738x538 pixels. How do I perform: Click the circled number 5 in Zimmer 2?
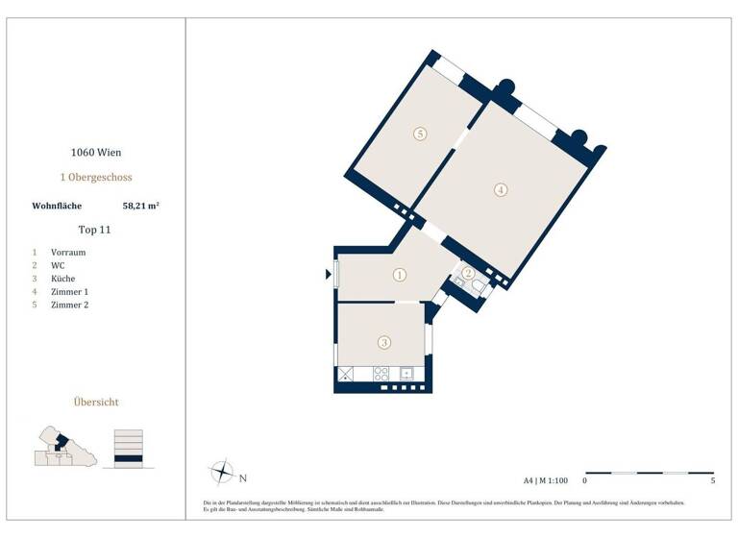[x=420, y=134]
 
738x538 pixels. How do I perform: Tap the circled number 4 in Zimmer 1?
[x=501, y=189]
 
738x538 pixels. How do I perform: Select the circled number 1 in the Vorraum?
[x=400, y=275]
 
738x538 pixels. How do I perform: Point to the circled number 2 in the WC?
[x=468, y=273]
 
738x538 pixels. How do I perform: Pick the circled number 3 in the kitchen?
[x=384, y=341]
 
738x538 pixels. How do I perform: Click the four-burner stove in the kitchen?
[x=381, y=374]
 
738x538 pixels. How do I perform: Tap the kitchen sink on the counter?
[x=406, y=374]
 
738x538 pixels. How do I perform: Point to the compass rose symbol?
[x=222, y=474]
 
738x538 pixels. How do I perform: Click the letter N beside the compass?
[x=243, y=477]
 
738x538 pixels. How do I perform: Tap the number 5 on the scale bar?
[x=713, y=479]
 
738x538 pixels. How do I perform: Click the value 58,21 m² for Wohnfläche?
[x=140, y=206]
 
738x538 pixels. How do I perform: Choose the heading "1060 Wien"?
[x=96, y=152]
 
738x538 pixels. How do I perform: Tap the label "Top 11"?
[x=95, y=230]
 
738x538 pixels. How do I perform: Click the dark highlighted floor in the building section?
[x=128, y=458]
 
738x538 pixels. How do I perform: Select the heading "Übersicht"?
[x=96, y=402]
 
